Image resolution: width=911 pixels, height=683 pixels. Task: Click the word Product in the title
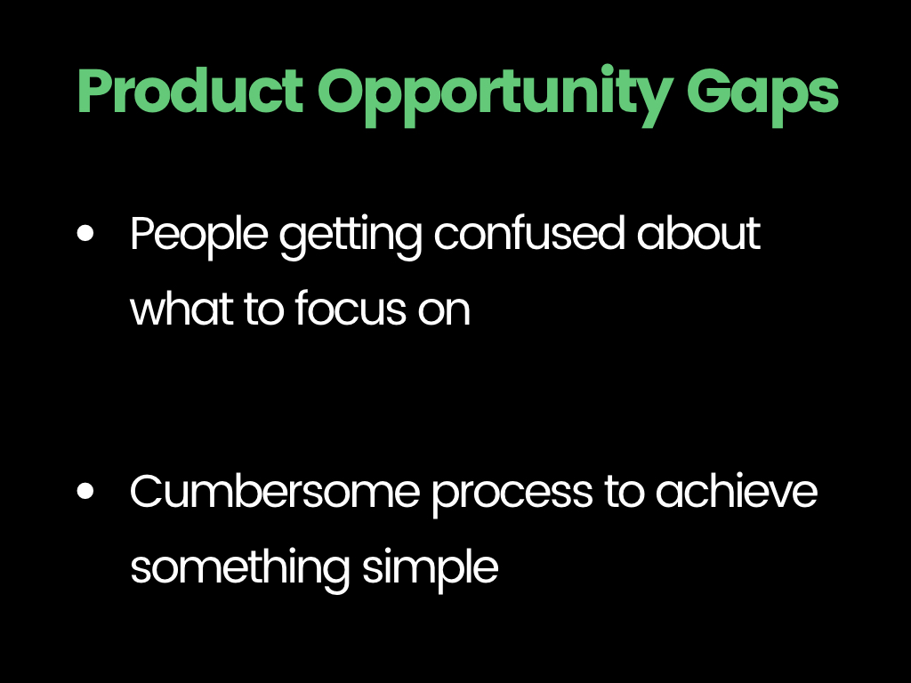pos(190,90)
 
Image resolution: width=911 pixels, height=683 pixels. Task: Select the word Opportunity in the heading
pos(496,96)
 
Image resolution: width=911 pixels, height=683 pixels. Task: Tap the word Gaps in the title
pos(762,97)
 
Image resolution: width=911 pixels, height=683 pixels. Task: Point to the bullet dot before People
pos(85,234)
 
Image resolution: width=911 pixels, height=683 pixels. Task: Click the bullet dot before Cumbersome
pos(85,491)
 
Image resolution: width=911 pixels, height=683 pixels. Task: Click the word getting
pos(351,237)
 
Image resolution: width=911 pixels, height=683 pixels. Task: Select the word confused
pos(529,234)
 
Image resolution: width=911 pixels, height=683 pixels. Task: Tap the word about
pos(698,234)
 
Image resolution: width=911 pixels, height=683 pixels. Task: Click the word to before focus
pos(263,309)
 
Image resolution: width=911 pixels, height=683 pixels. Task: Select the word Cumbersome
pos(274,491)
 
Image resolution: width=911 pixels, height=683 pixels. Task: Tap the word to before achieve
pos(625,493)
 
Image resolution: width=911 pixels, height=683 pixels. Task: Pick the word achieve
pos(737,491)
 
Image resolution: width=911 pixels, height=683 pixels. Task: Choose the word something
pos(240,570)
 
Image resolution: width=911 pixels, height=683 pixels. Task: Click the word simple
pos(431,570)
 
